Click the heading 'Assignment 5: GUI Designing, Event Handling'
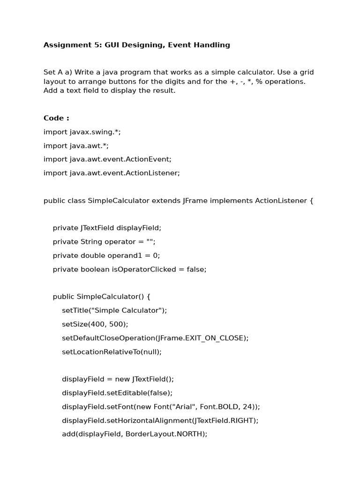pyautogui.click(x=136, y=45)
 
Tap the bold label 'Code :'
pyautogui.click(x=56, y=118)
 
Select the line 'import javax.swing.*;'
pyautogui.click(x=82, y=132)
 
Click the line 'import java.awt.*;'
pyautogui.click(x=76, y=146)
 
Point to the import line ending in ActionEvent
pyautogui.click(x=107, y=159)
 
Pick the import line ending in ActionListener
pyautogui.click(x=112, y=173)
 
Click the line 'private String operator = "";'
pyautogui.click(x=104, y=242)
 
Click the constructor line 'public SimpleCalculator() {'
pyautogui.click(x=102, y=297)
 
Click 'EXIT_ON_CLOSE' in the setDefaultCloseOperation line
pyautogui.click(x=213, y=338)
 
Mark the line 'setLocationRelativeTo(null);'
pyautogui.click(x=112, y=352)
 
